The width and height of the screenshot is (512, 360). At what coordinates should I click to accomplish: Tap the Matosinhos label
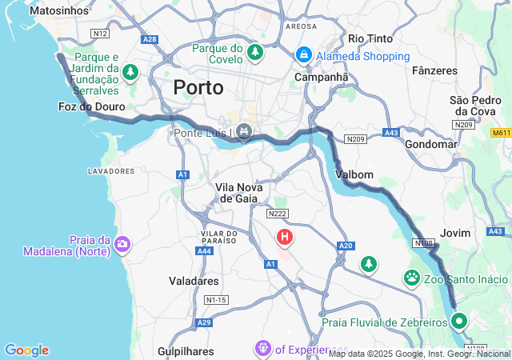coord(58,10)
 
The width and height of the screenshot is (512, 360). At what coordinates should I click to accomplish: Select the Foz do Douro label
coord(88,106)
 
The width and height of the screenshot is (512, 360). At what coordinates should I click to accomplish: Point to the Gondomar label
coord(431,145)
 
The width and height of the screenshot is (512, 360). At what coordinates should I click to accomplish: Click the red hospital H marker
coord(284,237)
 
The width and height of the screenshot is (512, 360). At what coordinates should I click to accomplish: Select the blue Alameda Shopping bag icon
coord(303,55)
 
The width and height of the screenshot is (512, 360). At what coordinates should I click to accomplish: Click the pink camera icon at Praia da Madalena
coord(122,244)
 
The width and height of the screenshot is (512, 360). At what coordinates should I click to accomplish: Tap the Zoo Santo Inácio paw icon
coord(412,278)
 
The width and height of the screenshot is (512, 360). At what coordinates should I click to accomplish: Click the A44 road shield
coord(205,250)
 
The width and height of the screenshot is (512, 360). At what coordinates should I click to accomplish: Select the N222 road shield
coord(278,213)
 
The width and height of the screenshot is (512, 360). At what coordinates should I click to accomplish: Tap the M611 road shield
coord(501,132)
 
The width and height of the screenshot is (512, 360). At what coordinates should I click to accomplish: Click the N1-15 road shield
coord(216,299)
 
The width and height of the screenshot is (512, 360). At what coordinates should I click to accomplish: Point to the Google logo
coord(26,350)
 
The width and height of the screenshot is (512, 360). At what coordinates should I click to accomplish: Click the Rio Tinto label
coord(370,38)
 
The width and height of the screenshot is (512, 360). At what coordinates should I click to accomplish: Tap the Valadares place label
coord(194,281)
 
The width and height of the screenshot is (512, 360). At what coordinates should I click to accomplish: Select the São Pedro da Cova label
coord(475,106)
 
